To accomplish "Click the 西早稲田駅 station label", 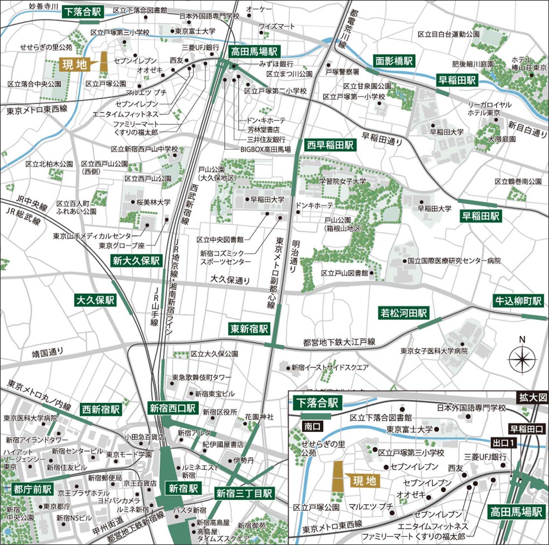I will pyautogui.click(x=330, y=145).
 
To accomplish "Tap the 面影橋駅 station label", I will pyautogui.click(x=394, y=61).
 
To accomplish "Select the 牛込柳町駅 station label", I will pyautogui.click(x=518, y=301).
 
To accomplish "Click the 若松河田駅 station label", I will pyautogui.click(x=403, y=313).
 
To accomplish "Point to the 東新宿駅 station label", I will pyautogui.click(x=249, y=329).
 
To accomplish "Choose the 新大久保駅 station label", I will pyautogui.click(x=136, y=261).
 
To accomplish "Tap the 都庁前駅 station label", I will pyautogui.click(x=32, y=489).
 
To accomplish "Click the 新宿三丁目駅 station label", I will pyautogui.click(x=244, y=493).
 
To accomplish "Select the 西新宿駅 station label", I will pyautogui.click(x=101, y=410).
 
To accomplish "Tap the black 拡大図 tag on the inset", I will pyautogui.click(x=533, y=397).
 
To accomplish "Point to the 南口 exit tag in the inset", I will pyautogui.click(x=312, y=426).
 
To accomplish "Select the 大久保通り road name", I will pyautogui.click(x=230, y=280).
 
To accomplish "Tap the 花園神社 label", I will pyautogui.click(x=259, y=417).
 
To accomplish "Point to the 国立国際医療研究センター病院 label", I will pyautogui.click(x=454, y=261).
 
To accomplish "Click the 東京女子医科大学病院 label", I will pyautogui.click(x=434, y=351).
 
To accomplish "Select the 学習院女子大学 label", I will pyautogui.click(x=343, y=181).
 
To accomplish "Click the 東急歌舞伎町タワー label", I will pyautogui.click(x=202, y=377).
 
